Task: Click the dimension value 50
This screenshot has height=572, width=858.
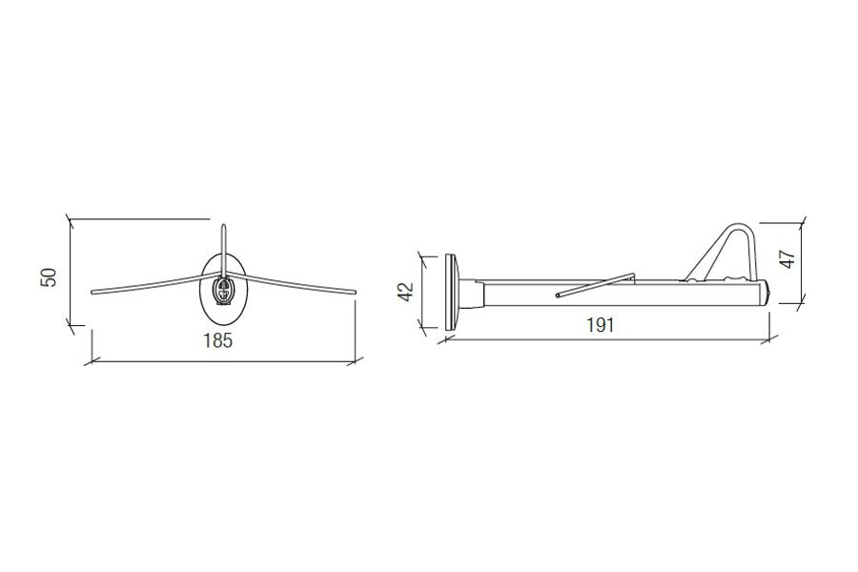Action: coord(49,277)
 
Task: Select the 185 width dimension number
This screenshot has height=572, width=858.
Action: coord(217,340)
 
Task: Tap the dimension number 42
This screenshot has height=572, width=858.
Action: coord(406,291)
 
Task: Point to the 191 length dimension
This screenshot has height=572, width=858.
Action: coord(601,325)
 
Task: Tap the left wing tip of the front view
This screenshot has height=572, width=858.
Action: coord(92,292)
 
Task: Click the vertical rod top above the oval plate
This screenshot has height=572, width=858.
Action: coord(223,226)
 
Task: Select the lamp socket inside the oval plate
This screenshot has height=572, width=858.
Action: coord(224,290)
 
